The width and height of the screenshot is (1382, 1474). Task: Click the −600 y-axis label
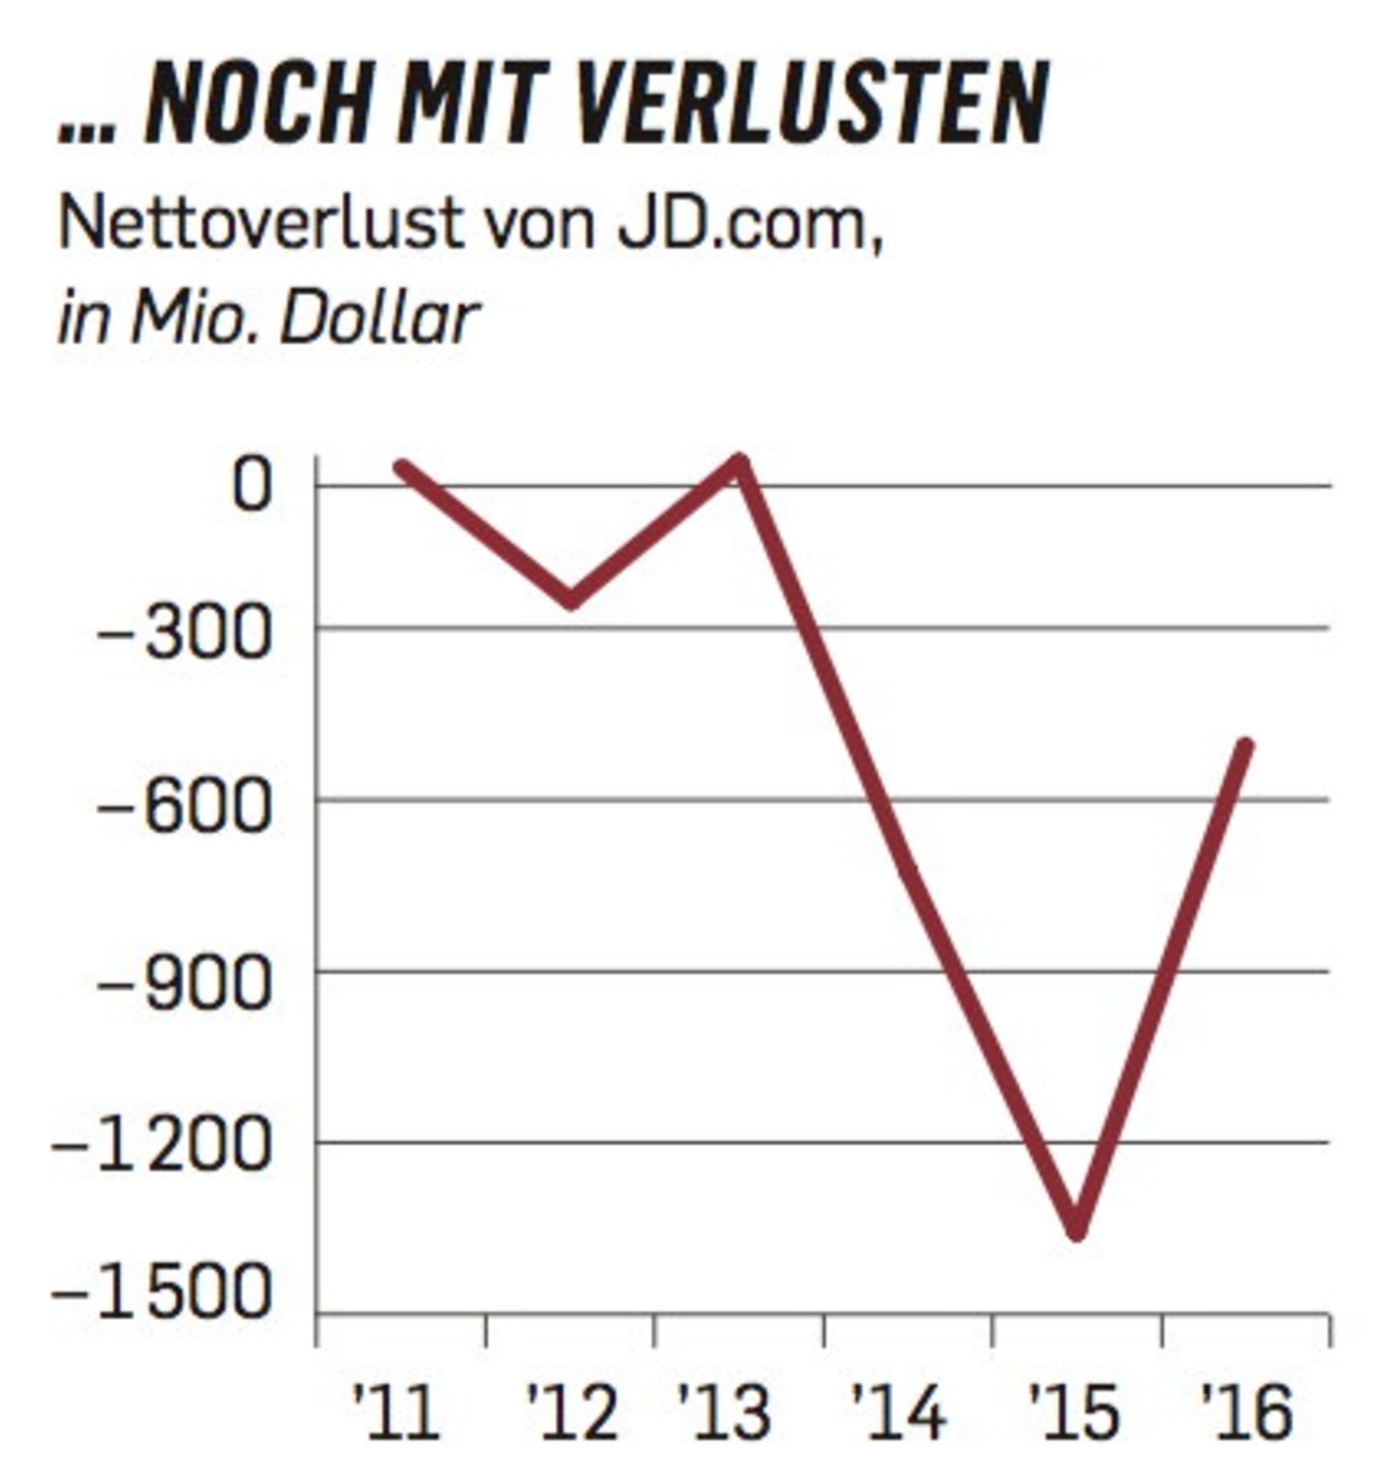pos(182,807)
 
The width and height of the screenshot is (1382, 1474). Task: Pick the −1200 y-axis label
pos(159,1151)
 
